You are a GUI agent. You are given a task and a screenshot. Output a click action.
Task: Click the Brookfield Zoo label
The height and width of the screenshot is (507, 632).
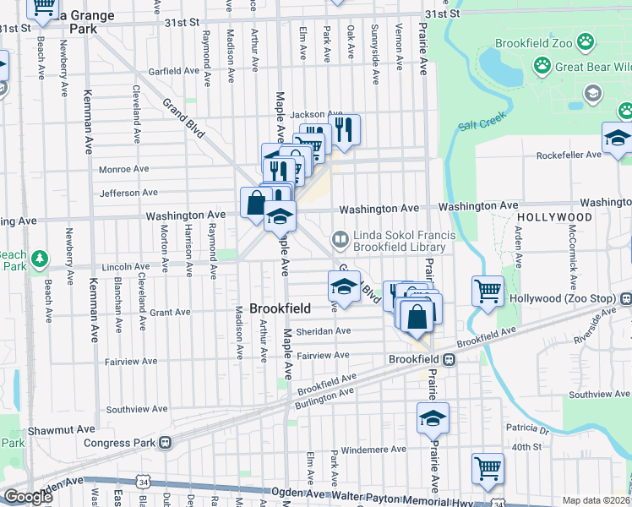tap(538, 41)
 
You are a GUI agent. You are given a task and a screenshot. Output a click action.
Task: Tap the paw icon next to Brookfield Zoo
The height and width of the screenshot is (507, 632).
tap(586, 41)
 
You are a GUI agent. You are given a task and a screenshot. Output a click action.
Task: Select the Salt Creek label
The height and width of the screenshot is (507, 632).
tap(481, 125)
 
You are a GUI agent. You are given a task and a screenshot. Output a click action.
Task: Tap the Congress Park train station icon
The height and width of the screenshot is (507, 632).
tap(166, 441)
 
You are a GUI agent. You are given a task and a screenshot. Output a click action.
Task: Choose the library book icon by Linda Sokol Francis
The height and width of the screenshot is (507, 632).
tap(340, 240)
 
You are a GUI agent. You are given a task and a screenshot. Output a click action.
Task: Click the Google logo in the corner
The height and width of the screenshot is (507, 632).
tap(28, 497)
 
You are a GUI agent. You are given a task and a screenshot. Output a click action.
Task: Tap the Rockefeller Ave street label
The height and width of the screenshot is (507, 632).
tap(573, 155)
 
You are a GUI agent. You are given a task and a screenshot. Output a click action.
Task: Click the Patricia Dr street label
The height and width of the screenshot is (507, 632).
tap(530, 430)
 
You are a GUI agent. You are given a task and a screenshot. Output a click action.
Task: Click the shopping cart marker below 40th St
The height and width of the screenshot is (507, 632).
tap(488, 466)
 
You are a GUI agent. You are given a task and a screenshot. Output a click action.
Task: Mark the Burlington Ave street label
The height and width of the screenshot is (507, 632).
tap(324, 399)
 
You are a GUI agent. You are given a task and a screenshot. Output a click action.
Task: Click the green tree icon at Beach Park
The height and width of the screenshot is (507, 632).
tap(39, 257)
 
